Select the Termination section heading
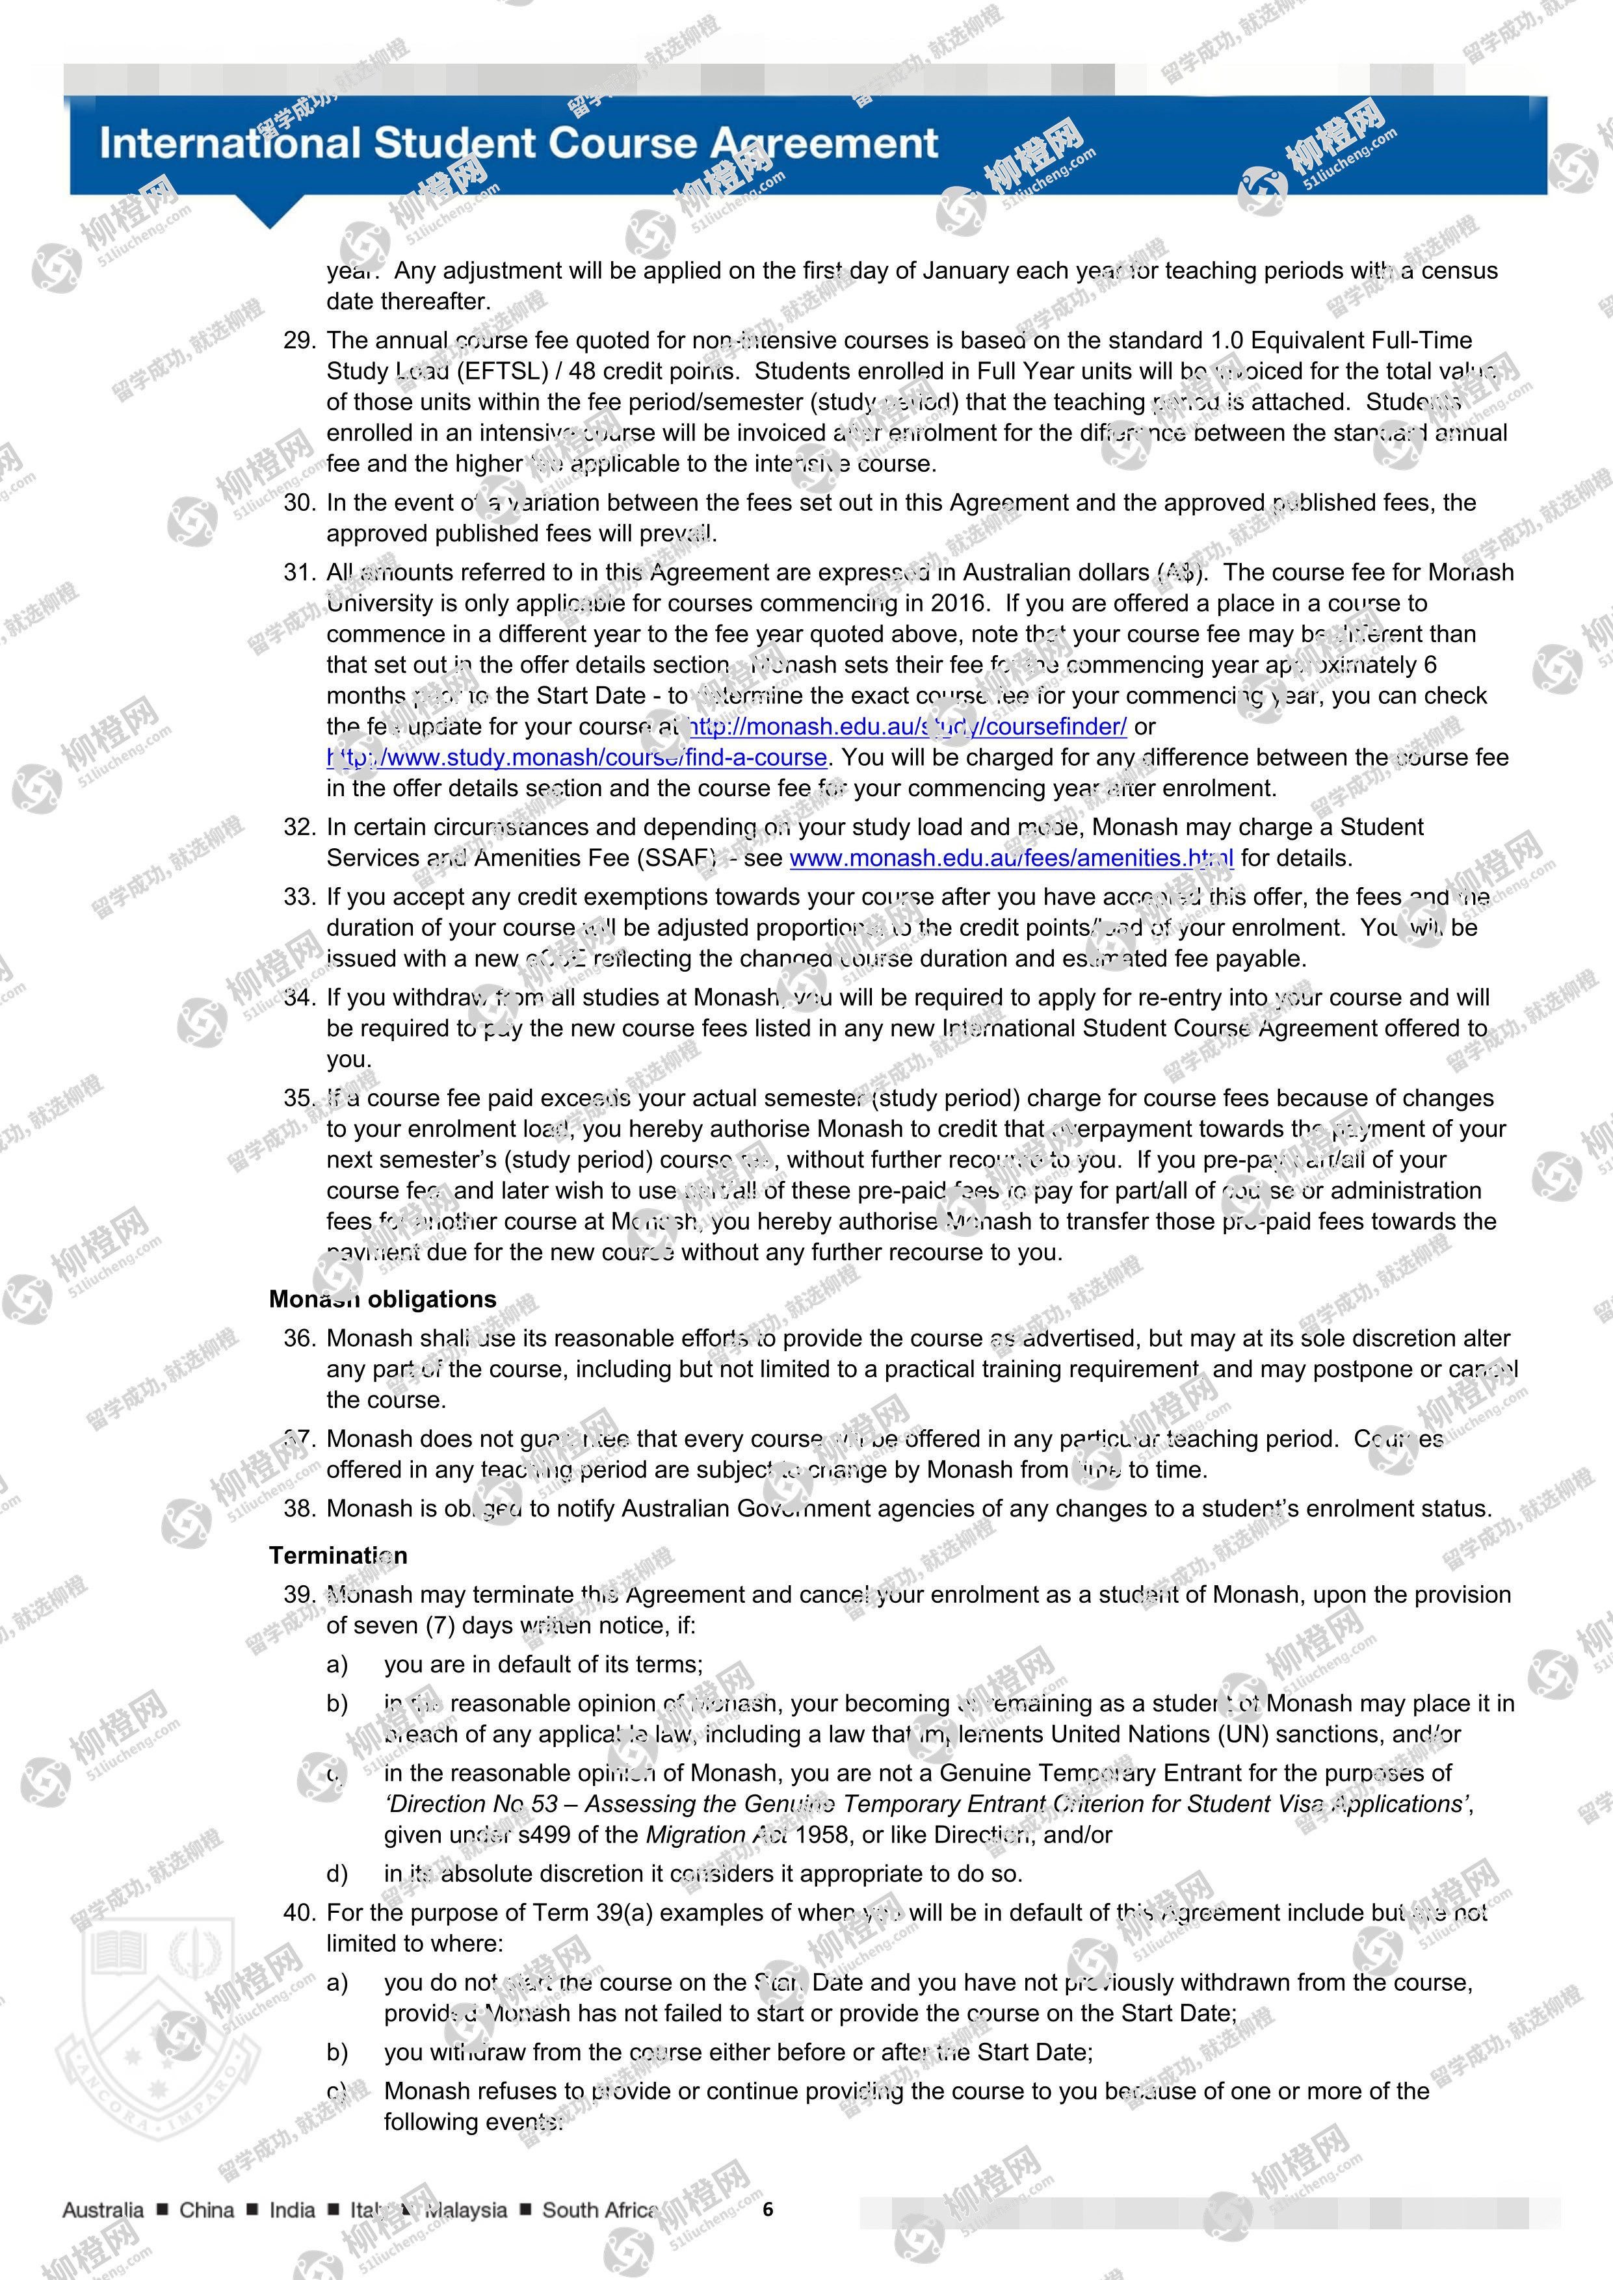tap(337, 1555)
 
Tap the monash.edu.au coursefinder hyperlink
tap(908, 727)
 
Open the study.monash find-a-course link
tap(577, 758)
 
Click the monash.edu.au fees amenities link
tap(1011, 858)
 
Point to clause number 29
tap(299, 341)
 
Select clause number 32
tap(299, 827)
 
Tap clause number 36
tap(299, 1339)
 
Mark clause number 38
tap(299, 1509)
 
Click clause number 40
tap(299, 1913)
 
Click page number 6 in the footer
tap(768, 2210)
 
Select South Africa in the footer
tap(599, 2210)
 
